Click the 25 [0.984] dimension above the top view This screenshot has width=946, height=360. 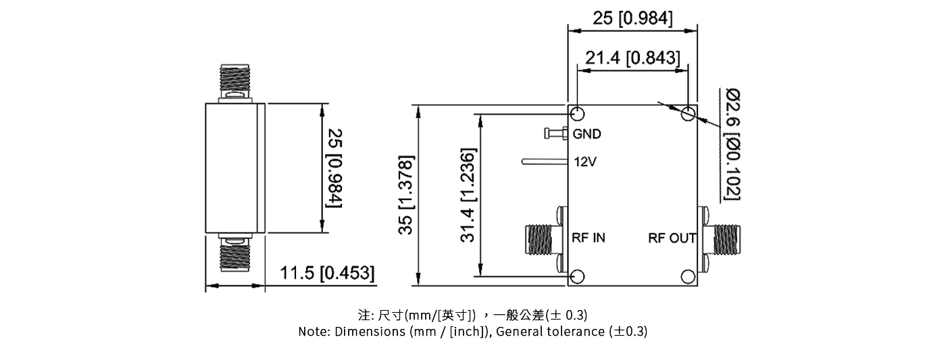coord(632,18)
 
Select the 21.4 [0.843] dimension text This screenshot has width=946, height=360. coord(632,59)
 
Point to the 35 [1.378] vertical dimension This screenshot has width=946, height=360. coord(405,195)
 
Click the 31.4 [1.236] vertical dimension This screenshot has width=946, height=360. coord(469,195)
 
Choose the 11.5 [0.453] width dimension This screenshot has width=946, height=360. coord(327,274)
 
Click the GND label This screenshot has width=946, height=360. coord(587,134)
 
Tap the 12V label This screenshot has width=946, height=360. coord(584,162)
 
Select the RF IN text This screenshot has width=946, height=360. coord(589,238)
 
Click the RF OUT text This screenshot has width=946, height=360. coord(672,238)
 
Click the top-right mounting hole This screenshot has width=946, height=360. coord(688,113)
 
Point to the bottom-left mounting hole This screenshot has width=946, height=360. coord(577,276)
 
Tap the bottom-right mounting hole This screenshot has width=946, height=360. coord(688,276)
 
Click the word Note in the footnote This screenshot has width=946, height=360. coord(313,332)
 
